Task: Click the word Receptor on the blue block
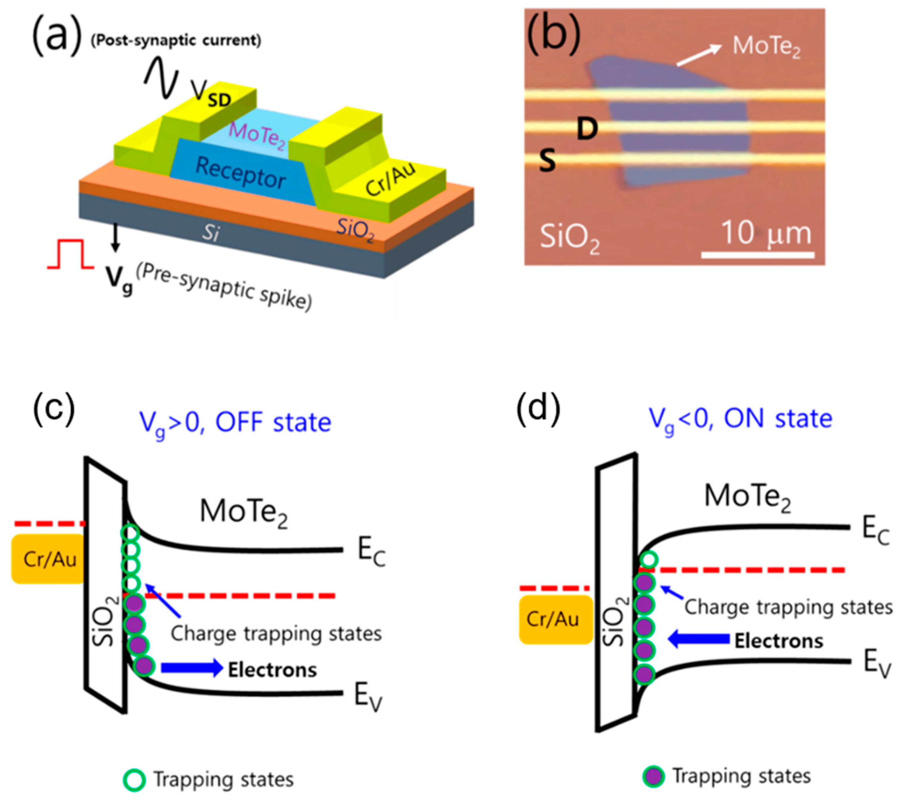(x=241, y=173)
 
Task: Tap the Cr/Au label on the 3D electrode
(x=390, y=179)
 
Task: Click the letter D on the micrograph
(x=587, y=129)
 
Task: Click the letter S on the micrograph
(x=547, y=160)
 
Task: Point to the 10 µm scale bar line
(x=757, y=255)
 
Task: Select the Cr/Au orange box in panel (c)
(x=48, y=559)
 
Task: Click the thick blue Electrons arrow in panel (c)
(x=192, y=668)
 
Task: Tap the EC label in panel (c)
(x=372, y=553)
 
